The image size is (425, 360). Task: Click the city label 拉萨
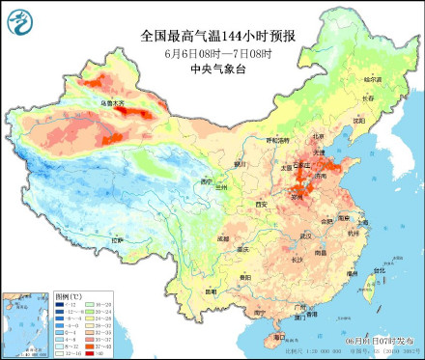[118, 239]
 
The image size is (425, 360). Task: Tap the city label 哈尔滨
[373, 79]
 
